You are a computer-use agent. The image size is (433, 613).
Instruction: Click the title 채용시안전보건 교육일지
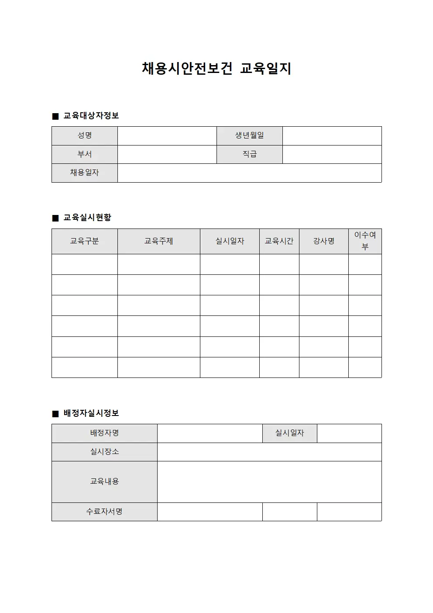pyautogui.click(x=216, y=69)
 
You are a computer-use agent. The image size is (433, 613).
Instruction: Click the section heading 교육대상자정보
pyautogui.click(x=91, y=116)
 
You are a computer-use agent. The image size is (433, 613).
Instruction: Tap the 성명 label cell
pyautogui.click(x=85, y=136)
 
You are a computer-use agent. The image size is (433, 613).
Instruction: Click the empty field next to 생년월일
pyautogui.click(x=332, y=136)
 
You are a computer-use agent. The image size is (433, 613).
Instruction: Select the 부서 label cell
pyautogui.click(x=85, y=154)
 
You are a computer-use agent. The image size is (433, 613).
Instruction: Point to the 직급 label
pyautogui.click(x=250, y=154)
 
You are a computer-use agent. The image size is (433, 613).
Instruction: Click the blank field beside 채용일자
pyautogui.click(x=249, y=173)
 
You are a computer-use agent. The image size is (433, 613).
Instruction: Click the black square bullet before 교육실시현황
pyautogui.click(x=55, y=218)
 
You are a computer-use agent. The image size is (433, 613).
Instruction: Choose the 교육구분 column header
pyautogui.click(x=85, y=241)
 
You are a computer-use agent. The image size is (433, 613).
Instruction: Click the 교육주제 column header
pyautogui.click(x=159, y=241)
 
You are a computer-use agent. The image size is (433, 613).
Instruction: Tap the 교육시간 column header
pyautogui.click(x=279, y=241)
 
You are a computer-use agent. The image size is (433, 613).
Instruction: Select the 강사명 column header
pyautogui.click(x=324, y=241)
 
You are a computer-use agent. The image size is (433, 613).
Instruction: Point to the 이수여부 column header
pyautogui.click(x=365, y=241)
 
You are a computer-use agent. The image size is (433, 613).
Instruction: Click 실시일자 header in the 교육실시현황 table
pyautogui.click(x=230, y=241)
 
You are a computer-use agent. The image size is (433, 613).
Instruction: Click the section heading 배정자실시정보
pyautogui.click(x=91, y=413)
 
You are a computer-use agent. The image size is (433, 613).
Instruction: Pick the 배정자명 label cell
pyautogui.click(x=104, y=433)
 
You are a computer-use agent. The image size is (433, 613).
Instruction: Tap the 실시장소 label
pyautogui.click(x=104, y=452)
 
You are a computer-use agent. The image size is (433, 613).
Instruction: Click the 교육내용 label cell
pyautogui.click(x=104, y=481)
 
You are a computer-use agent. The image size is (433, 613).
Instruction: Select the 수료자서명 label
pyautogui.click(x=104, y=512)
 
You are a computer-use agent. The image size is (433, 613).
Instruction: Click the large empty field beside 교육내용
pyautogui.click(x=269, y=481)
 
